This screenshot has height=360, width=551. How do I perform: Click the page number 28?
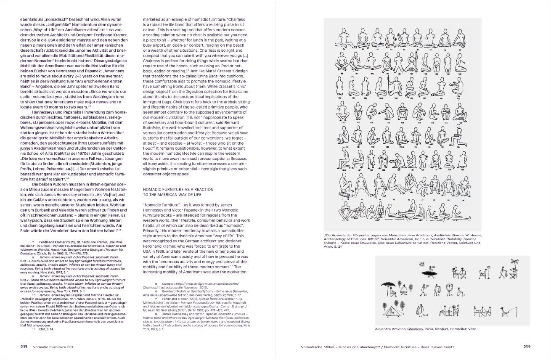[24, 347]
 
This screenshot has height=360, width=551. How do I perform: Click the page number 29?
[527, 347]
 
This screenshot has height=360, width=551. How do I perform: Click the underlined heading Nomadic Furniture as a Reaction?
[178, 189]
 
